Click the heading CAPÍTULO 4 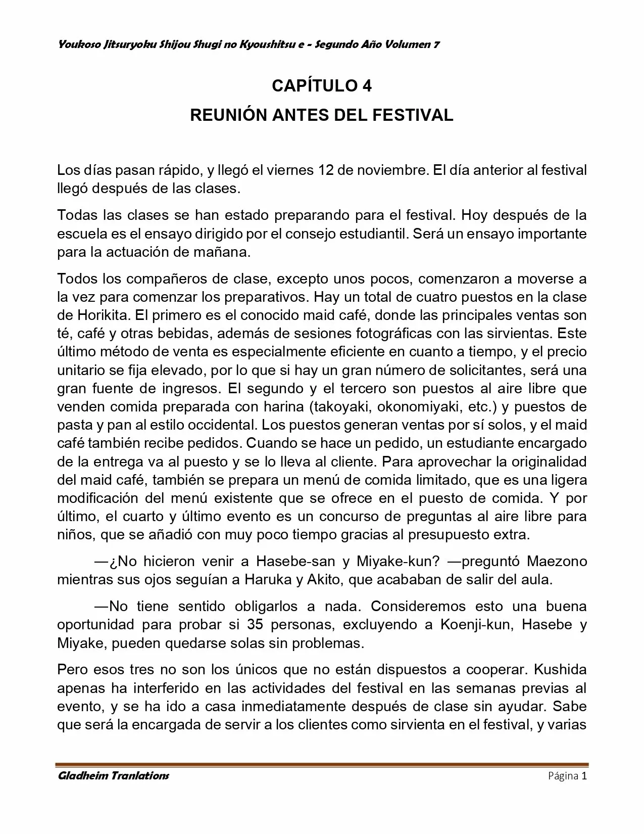tap(322, 86)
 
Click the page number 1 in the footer tap(584, 776)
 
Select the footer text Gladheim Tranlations tap(113, 776)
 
